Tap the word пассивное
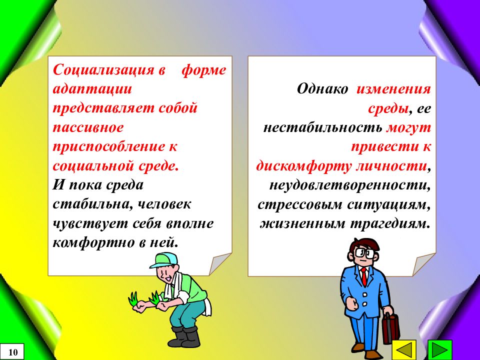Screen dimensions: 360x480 [x=88, y=127]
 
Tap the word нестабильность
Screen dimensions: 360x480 [x=322, y=127]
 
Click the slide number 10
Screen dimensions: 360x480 [x=13, y=352]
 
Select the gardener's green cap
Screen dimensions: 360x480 [x=164, y=259]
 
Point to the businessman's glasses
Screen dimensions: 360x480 [x=362, y=252]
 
